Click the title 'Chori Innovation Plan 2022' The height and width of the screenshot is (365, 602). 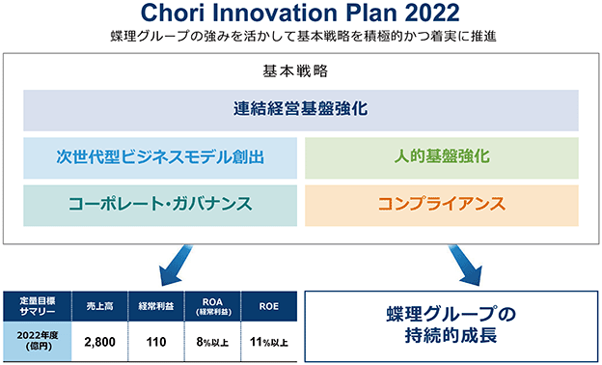coord(300,13)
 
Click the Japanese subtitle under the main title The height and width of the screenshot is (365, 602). coord(303,36)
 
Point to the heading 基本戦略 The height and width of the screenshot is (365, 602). coord(295,71)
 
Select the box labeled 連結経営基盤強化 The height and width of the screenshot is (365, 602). coord(301,110)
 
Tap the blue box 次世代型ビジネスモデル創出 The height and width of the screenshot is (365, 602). coord(160,158)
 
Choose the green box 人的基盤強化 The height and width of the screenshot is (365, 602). coord(442,158)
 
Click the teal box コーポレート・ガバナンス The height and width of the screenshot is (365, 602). coord(160,205)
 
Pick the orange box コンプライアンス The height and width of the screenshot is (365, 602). coord(442,205)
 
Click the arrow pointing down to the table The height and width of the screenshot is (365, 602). coord(177,266)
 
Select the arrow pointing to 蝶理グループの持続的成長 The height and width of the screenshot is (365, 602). coord(465,266)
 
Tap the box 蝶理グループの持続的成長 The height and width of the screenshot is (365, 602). coord(451,326)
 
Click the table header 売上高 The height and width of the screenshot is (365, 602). coord(99,306)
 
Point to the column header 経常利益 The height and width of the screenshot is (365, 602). coord(156,306)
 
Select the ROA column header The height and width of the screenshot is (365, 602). coord(212,306)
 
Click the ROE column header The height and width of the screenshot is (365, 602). coord(269,306)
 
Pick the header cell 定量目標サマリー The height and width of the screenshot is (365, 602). coord(38,306)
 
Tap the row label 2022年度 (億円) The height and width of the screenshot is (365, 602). coord(38,341)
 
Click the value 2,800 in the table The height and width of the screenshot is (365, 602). coord(99,342)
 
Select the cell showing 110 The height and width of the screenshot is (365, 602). coord(156,342)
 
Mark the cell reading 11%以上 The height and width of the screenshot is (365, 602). coord(269,342)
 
